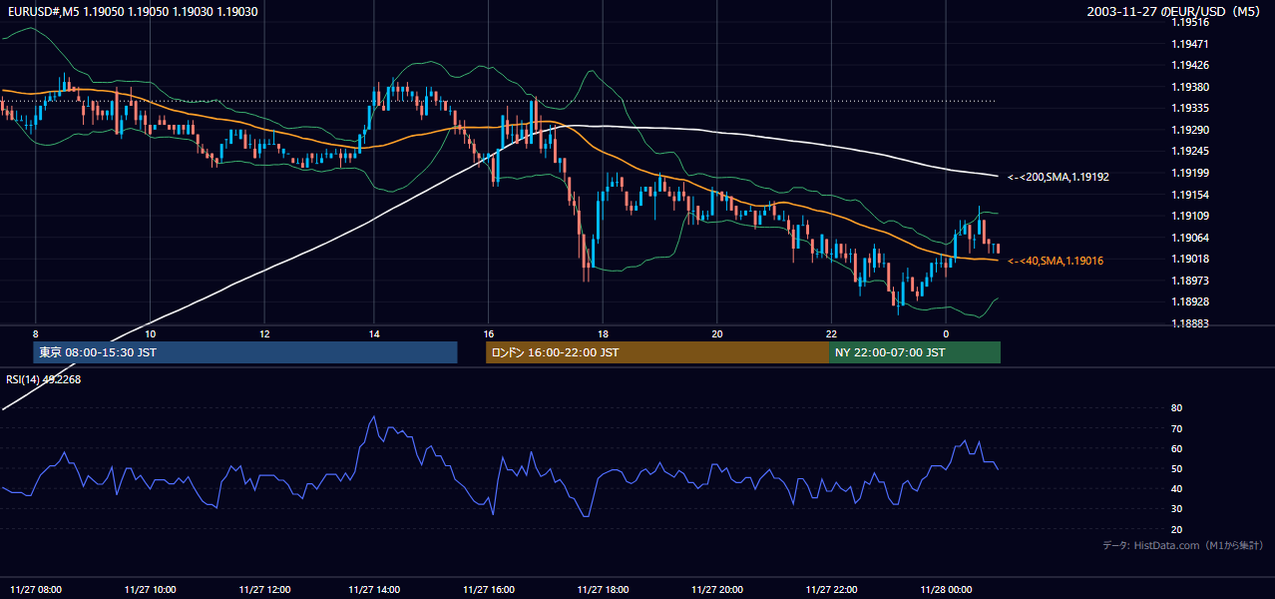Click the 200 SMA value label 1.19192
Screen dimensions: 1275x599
tap(1059, 177)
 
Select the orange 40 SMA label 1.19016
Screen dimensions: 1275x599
tap(1056, 261)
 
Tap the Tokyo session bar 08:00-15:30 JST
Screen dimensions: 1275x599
tap(245, 352)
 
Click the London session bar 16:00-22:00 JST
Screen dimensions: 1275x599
tap(657, 352)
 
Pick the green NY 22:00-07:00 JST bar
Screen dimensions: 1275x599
tap(915, 352)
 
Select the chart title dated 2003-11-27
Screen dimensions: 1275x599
tap(1173, 11)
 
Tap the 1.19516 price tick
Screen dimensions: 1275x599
tap(1190, 22)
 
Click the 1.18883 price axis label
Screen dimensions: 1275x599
tap(1190, 323)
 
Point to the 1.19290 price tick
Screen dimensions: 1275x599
tap(1190, 130)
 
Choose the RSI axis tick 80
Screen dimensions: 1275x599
tap(1176, 407)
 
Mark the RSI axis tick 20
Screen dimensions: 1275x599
tap(1176, 529)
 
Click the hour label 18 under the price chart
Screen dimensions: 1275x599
tap(603, 334)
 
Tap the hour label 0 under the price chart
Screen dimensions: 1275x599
tap(946, 334)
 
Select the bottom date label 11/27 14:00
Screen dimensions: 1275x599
tap(374, 590)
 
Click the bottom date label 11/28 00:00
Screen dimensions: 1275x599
tap(946, 590)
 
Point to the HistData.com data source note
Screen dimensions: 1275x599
tap(1183, 545)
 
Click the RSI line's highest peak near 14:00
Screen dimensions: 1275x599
tap(374, 416)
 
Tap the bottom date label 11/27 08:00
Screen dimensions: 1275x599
tap(36, 590)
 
